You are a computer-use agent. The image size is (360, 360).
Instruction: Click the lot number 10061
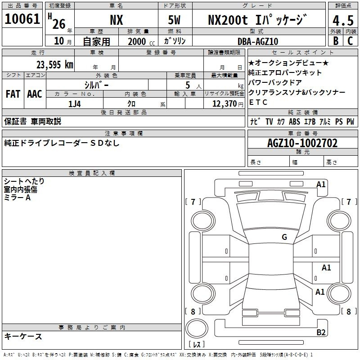22,19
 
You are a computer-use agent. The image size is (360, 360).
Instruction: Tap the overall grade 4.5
343,20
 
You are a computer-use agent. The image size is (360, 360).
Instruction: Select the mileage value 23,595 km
55,65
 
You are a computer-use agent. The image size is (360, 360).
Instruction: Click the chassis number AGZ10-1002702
302,143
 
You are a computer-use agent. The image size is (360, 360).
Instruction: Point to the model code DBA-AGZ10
258,41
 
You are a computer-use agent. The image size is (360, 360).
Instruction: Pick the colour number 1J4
75,104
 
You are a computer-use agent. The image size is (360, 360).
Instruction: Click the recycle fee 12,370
224,104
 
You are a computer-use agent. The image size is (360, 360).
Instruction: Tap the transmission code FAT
13,94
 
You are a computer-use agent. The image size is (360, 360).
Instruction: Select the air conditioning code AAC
35,94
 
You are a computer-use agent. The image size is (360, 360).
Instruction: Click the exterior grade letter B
336,41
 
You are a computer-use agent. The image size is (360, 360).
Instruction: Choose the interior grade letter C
350,41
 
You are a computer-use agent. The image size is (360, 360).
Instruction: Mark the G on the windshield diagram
284,237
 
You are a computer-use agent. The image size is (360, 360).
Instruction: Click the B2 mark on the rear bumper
321,332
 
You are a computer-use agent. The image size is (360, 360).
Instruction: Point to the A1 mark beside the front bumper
321,184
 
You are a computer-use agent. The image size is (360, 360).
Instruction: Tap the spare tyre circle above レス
197,328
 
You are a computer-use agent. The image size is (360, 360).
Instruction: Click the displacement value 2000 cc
141,42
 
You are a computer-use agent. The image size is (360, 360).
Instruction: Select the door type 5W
174,20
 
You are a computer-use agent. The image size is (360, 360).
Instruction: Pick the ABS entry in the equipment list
294,121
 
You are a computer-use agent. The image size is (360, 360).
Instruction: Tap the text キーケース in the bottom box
23,336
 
